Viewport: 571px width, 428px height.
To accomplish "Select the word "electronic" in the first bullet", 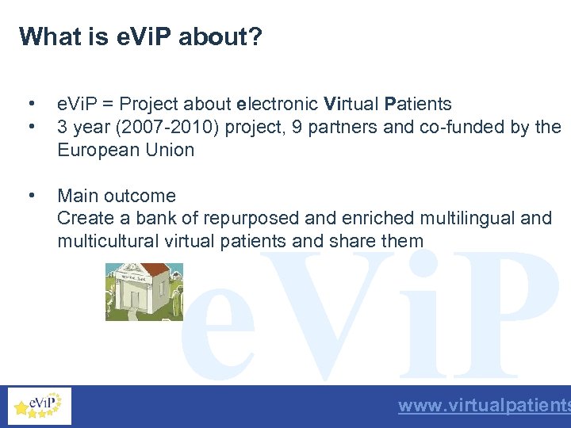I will tap(278, 104).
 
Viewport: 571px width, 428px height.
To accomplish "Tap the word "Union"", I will tap(169, 150).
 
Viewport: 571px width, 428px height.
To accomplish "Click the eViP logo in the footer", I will tap(39, 407).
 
